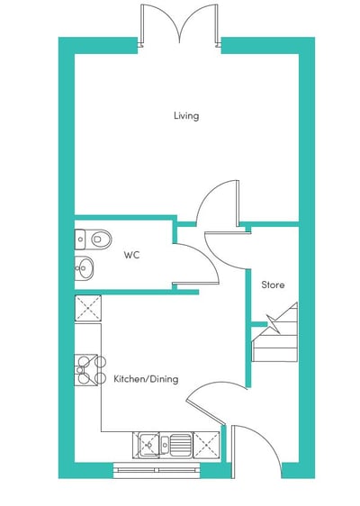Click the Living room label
tap(186, 116)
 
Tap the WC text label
tap(131, 255)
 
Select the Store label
tap(273, 285)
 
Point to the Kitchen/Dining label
tap(146, 378)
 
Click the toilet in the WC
tap(94, 239)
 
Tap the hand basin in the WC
tap(84, 267)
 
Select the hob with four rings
tap(90, 370)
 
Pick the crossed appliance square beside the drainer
tap(206, 446)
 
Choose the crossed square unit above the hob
tap(87, 308)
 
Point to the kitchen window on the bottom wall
tap(157, 470)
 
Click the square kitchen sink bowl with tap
tap(148, 446)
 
